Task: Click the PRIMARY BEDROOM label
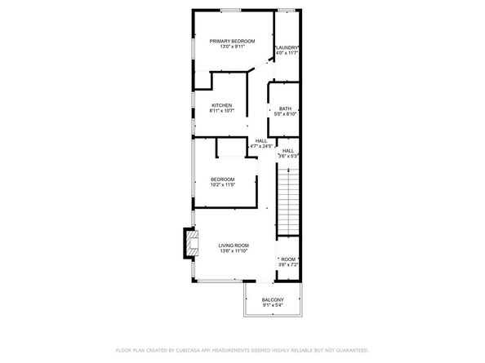click(x=232, y=41)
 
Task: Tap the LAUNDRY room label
click(x=287, y=47)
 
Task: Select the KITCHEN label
click(x=222, y=105)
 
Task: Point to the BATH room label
click(x=285, y=109)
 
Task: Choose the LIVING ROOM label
click(x=234, y=245)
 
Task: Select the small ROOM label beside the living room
click(x=288, y=259)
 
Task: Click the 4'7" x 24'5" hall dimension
click(x=261, y=146)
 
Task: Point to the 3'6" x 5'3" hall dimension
click(x=288, y=156)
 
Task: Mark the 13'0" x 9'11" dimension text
click(x=232, y=46)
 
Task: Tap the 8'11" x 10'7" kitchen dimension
click(x=222, y=111)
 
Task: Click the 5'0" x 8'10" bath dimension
click(x=285, y=115)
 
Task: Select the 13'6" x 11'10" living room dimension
click(x=234, y=251)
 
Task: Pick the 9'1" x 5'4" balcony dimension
click(x=273, y=308)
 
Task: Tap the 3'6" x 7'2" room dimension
click(x=288, y=265)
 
